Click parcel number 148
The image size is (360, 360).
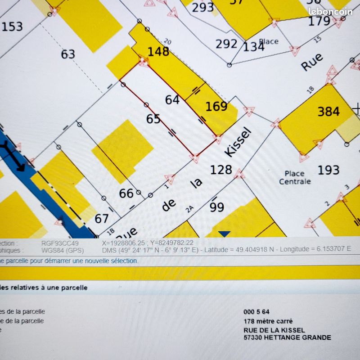coord(158,52)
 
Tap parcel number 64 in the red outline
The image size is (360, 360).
coord(172,100)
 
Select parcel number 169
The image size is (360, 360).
coord(216,107)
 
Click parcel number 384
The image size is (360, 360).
coord(328,111)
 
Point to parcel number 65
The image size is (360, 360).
coord(153,119)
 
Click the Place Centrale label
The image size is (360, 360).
coord(295,177)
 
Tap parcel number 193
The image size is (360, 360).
coord(328,170)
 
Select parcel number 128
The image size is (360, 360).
coord(221,170)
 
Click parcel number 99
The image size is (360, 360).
coord(217,207)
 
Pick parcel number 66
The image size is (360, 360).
coord(126,193)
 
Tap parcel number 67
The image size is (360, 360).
coord(102,219)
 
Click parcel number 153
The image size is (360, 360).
coord(12,27)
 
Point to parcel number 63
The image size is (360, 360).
coord(67,54)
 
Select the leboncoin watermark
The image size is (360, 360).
coord(330,12)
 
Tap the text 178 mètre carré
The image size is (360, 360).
coord(268,321)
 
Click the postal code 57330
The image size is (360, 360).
coord(253,337)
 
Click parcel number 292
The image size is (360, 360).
coord(226,44)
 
